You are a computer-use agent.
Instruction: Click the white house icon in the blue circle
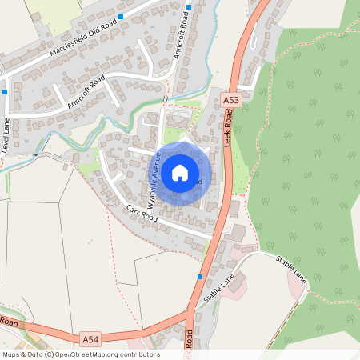point(180,172)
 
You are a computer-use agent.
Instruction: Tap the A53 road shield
point(231,100)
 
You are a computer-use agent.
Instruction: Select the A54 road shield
point(90,339)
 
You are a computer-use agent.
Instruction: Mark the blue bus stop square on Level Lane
point(5,92)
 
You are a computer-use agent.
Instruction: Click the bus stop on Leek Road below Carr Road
point(200,277)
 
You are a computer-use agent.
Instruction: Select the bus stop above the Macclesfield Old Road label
point(121,16)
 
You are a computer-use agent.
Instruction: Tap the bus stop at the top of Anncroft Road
point(189,7)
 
